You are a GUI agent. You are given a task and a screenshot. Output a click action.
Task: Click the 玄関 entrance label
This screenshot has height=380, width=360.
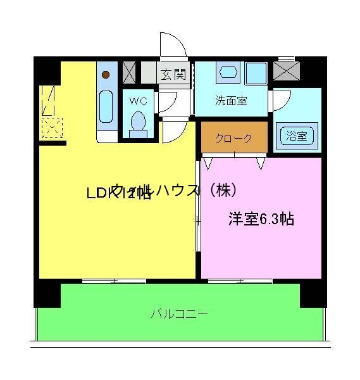(x=172, y=75)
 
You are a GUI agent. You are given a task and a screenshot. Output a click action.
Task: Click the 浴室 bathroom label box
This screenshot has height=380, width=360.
(x=297, y=136)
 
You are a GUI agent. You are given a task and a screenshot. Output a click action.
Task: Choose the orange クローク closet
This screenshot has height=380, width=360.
(x=233, y=139)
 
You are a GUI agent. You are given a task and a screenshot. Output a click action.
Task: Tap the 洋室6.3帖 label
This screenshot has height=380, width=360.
(x=261, y=220)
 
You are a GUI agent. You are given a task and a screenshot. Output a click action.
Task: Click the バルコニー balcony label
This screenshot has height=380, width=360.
(x=179, y=313)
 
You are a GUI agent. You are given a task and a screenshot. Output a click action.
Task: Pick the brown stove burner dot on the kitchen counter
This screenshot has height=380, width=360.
(x=106, y=75)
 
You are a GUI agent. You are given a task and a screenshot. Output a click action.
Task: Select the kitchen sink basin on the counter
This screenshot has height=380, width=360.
(x=106, y=108)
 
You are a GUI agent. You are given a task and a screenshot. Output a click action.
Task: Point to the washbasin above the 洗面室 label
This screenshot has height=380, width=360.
(x=227, y=72)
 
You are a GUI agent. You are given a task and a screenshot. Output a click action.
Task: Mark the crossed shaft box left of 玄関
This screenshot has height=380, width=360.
(x=130, y=72)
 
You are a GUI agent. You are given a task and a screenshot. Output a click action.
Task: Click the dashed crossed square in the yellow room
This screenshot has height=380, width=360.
(x=51, y=128)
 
